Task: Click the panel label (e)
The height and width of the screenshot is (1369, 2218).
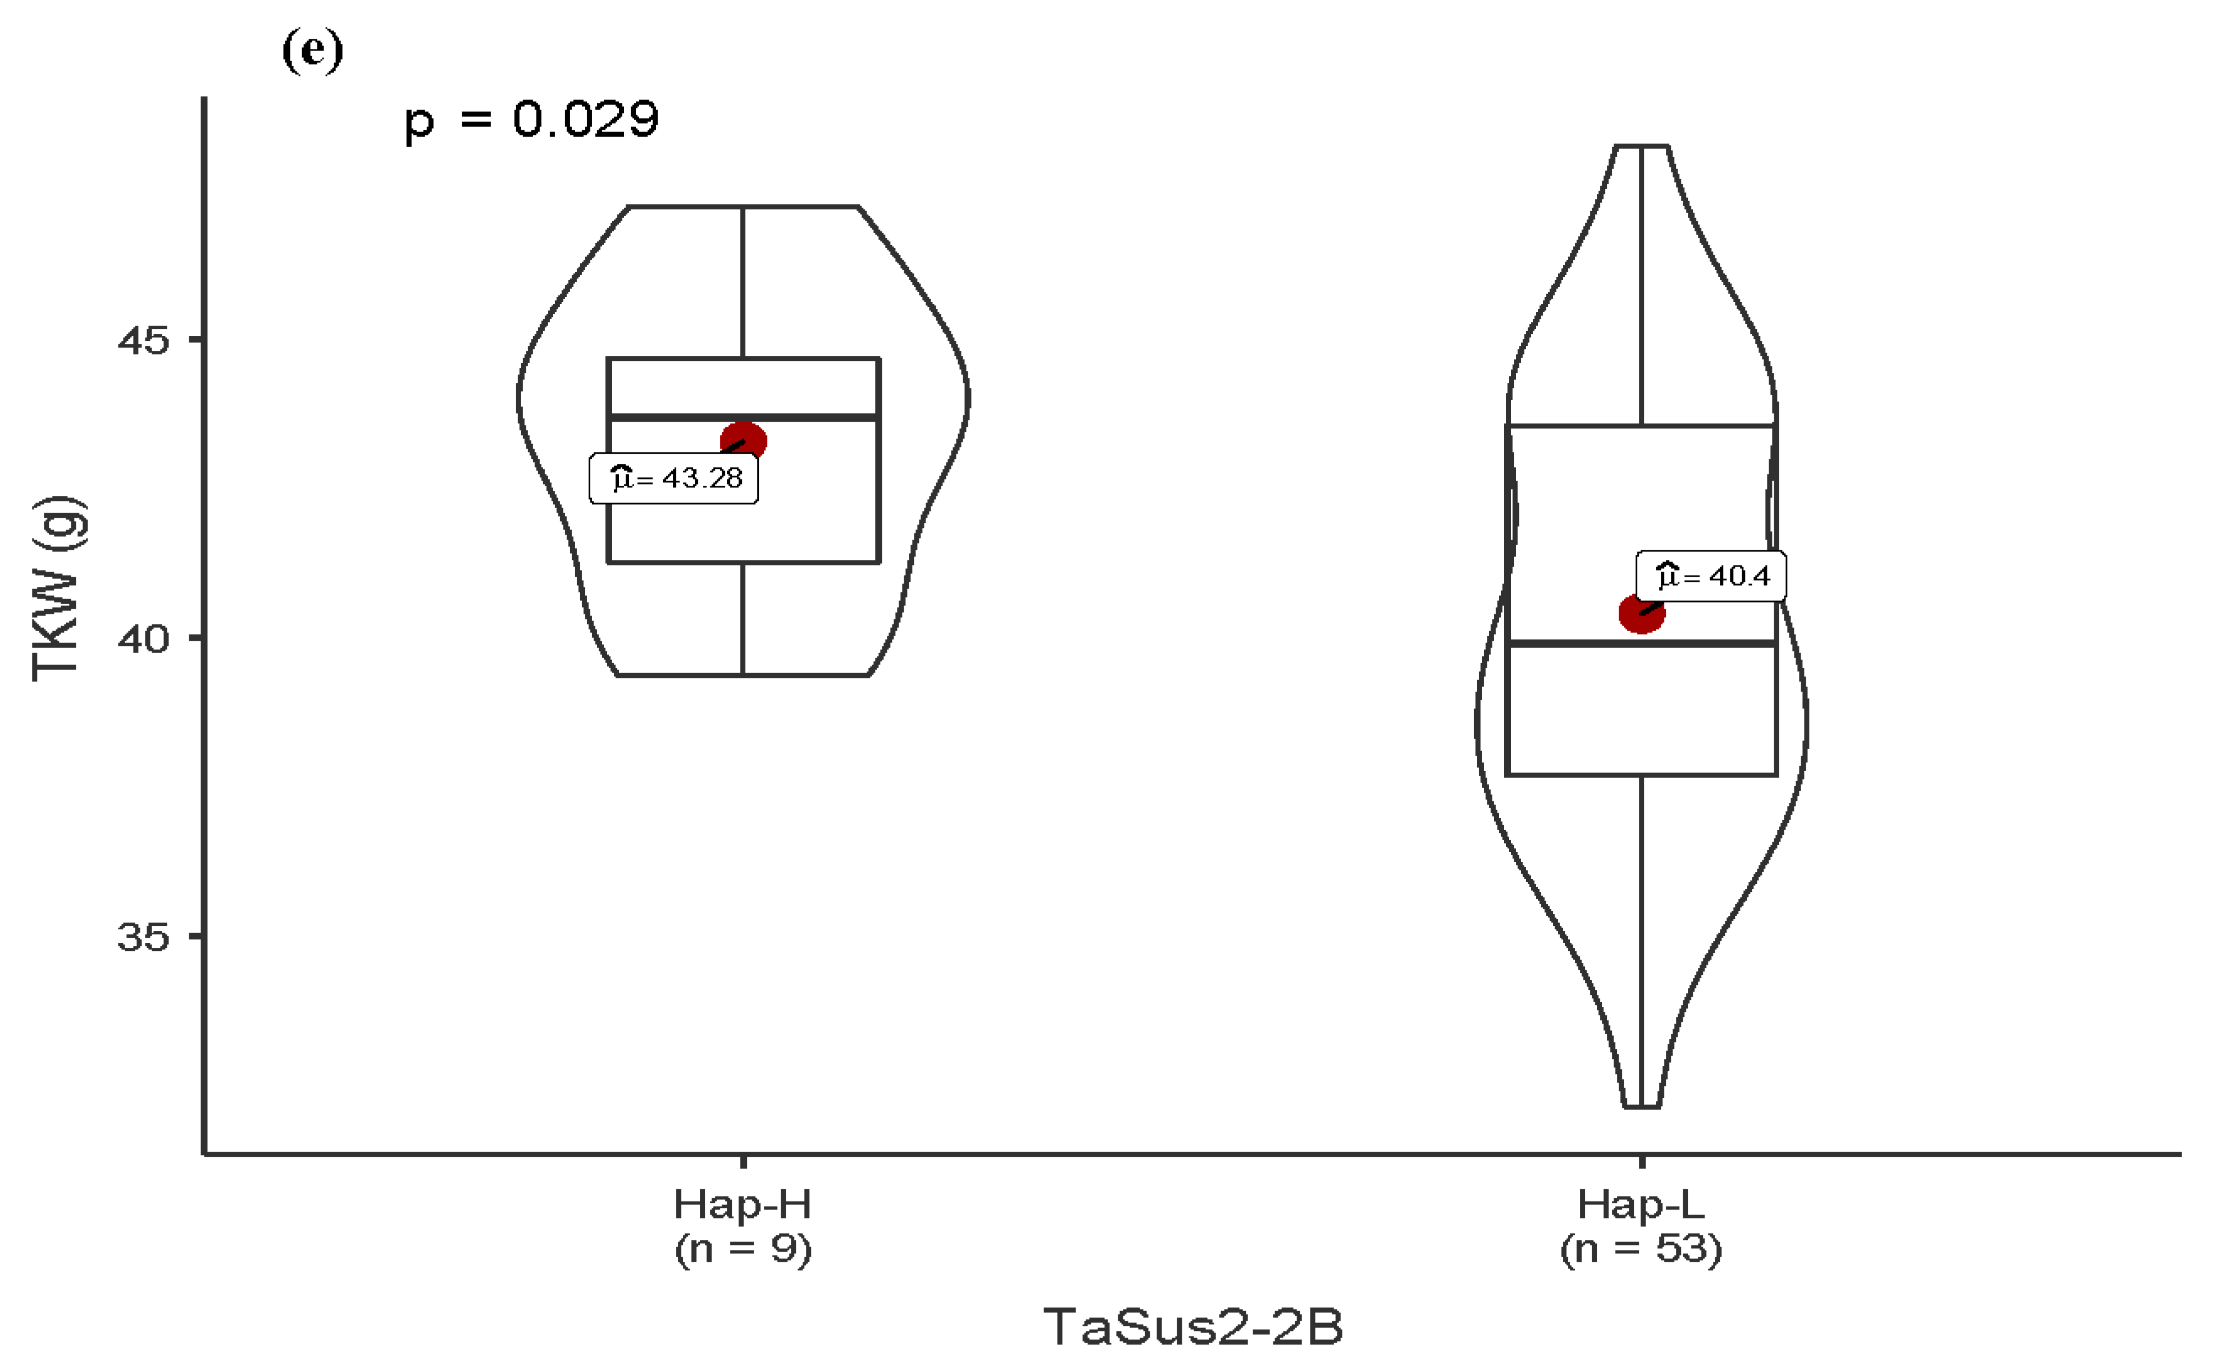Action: point(312,50)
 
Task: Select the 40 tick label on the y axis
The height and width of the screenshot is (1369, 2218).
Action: point(143,639)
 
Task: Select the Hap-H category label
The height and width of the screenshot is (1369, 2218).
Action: point(743,1204)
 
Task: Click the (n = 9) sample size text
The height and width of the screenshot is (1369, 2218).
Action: point(743,1249)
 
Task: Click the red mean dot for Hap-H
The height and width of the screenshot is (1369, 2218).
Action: point(744,442)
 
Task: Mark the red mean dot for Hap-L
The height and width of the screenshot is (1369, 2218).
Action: point(1641,614)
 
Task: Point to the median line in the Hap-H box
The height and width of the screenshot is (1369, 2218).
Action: point(815,417)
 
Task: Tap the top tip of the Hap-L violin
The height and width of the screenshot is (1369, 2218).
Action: point(1642,146)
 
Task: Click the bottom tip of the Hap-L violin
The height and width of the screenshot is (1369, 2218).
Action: point(1642,1106)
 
